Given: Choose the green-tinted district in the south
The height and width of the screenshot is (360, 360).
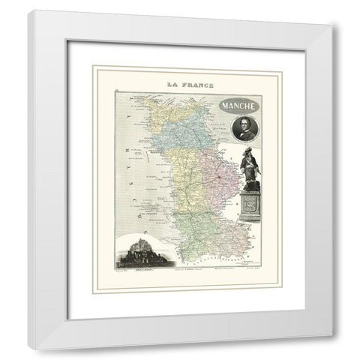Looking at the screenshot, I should coord(191,229).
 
